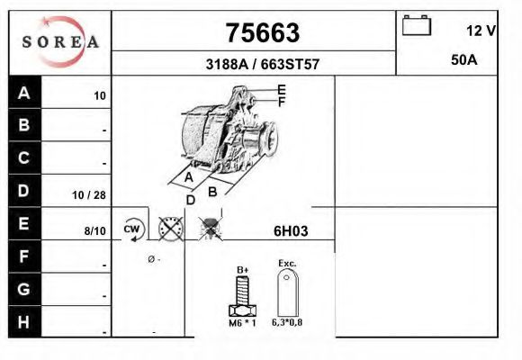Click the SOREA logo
click(60, 41)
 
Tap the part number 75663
click(263, 33)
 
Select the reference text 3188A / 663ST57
click(263, 64)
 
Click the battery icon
click(417, 25)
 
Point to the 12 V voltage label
click(481, 31)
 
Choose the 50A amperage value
click(464, 60)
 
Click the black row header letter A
click(24, 93)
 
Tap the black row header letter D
click(23, 191)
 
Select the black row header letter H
click(23, 322)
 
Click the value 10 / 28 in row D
click(89, 195)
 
